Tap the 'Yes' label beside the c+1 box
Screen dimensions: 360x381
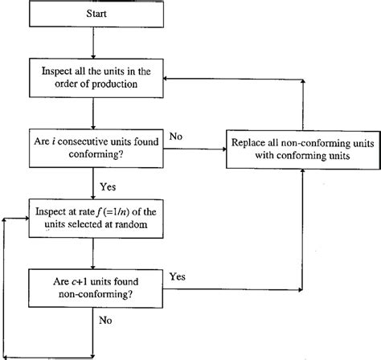(x=178, y=276)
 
